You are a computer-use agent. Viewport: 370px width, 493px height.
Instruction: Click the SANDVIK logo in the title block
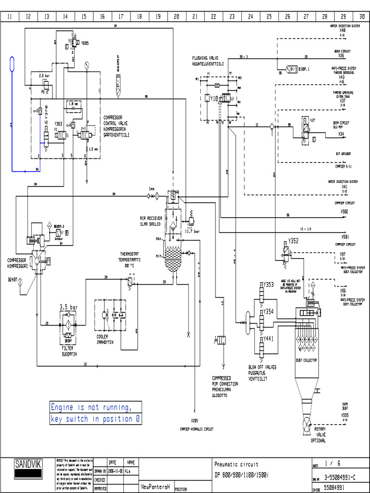click(x=28, y=465)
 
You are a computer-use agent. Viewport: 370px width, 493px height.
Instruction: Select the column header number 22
click(x=213, y=16)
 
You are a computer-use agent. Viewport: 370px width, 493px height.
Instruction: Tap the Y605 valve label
click(x=85, y=43)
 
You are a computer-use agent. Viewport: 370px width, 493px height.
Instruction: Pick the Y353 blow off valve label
click(x=268, y=285)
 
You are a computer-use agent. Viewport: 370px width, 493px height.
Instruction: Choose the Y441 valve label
click(x=268, y=338)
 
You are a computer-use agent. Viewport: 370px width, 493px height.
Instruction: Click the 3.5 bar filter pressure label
click(x=68, y=307)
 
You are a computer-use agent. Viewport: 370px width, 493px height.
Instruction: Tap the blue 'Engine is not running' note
click(x=96, y=414)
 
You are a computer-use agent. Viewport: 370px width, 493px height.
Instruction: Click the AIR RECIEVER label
click(x=151, y=217)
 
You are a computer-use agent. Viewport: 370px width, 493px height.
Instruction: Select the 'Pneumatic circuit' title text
click(x=236, y=465)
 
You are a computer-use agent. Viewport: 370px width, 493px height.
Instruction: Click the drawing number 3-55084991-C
click(x=340, y=477)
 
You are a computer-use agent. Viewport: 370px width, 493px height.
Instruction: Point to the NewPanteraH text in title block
click(x=155, y=487)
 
